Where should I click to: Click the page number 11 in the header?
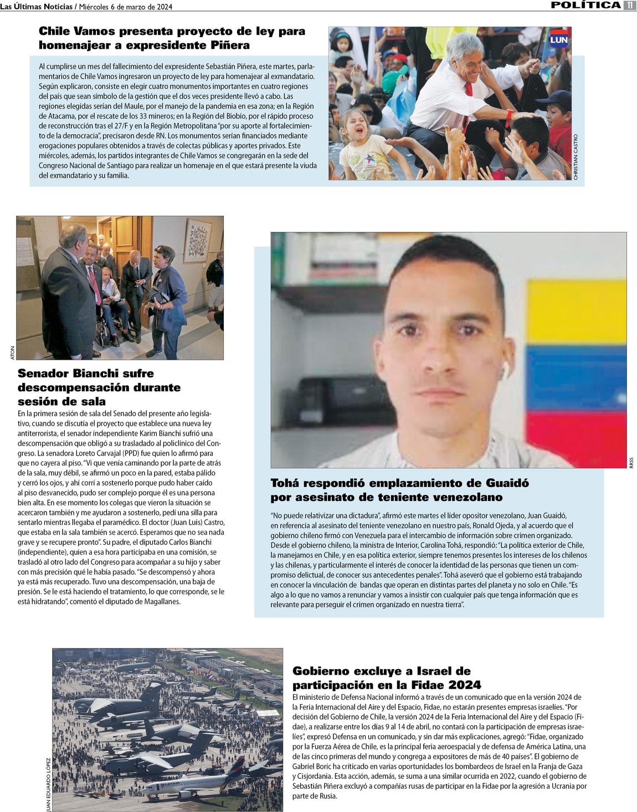[629, 5]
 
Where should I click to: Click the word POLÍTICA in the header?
[585, 5]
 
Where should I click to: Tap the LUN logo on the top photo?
[558, 39]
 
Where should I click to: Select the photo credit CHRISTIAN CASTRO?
[576, 157]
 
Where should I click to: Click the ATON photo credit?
[13, 353]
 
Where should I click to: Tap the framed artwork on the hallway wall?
[197, 240]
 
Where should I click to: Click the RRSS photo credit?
[631, 463]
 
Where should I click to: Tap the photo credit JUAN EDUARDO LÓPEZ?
[48, 784]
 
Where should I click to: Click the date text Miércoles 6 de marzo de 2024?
[126, 7]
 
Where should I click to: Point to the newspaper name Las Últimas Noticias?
[37, 7]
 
